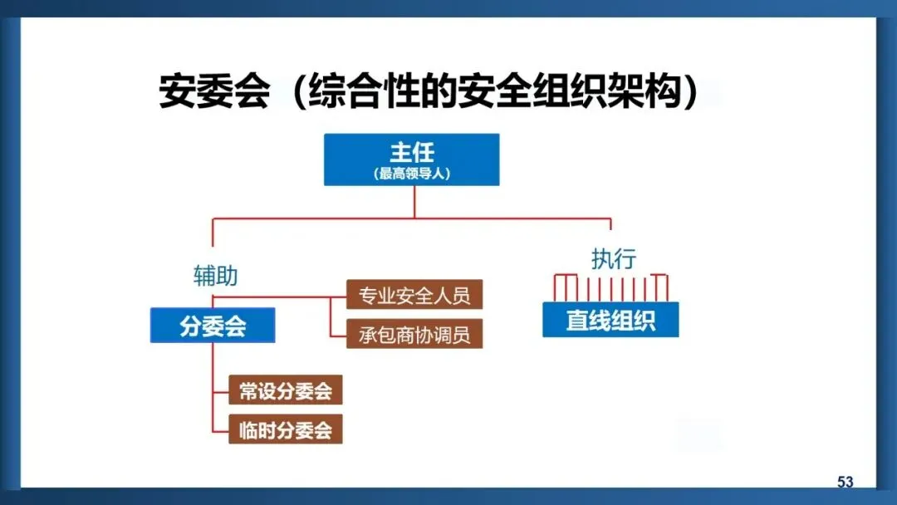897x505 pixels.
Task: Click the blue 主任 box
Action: click(412, 159)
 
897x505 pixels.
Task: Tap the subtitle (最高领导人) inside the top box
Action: click(412, 174)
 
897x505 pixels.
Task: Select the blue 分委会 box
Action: click(213, 325)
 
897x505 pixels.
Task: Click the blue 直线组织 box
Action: click(610, 321)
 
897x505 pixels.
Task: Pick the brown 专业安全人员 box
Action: click(414, 294)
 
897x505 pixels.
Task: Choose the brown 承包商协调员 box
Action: click(414, 334)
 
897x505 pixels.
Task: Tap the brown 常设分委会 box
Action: click(285, 390)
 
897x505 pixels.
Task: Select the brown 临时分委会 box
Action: click(285, 429)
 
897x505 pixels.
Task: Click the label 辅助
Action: click(215, 277)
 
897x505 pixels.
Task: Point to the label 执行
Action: click(613, 258)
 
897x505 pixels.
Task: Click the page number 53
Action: click(845, 483)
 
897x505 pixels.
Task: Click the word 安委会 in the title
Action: click(214, 92)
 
